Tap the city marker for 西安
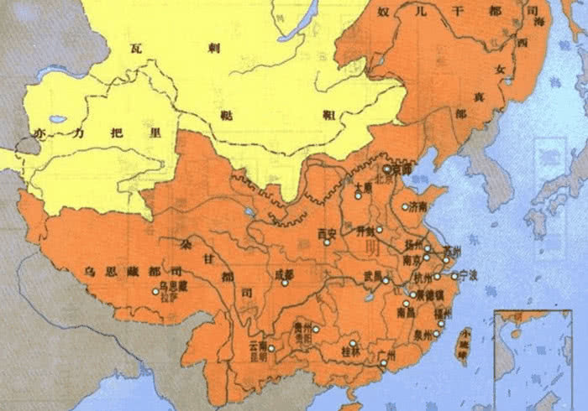pyautogui.click(x=328, y=242)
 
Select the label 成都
pyautogui.click(x=283, y=274)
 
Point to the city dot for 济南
pyautogui.click(x=404, y=206)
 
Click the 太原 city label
pyautogui.click(x=363, y=188)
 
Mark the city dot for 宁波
pyautogui.click(x=454, y=275)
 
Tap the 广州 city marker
pyautogui.click(x=383, y=363)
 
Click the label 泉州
pyautogui.click(x=423, y=334)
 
